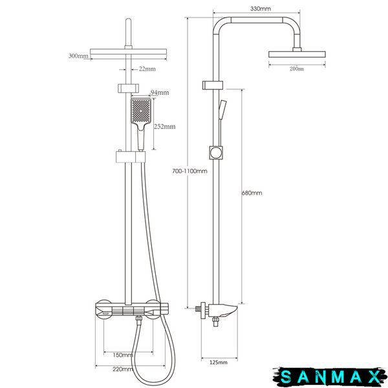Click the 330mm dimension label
261,9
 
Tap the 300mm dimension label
78,56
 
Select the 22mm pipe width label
147,69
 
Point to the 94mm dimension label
160,92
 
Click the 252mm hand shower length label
165,127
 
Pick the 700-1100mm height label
189,171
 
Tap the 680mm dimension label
252,193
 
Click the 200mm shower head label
297,69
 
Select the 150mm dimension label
123,355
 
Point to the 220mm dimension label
123,369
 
